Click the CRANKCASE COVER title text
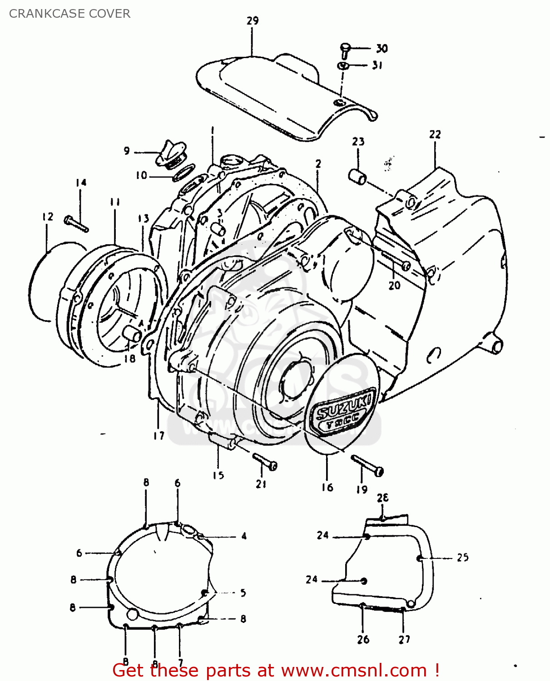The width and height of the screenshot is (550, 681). [x=69, y=14]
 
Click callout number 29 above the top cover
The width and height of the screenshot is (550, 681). [x=253, y=20]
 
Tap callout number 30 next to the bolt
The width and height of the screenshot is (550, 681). [x=382, y=49]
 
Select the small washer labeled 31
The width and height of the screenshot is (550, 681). [x=343, y=66]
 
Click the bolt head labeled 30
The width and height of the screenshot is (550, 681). [x=345, y=47]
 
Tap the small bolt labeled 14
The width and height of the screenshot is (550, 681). [x=76, y=223]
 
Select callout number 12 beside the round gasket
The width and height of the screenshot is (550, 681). [x=48, y=217]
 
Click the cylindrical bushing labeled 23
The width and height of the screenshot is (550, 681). [x=357, y=177]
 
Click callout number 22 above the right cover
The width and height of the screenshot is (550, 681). [x=435, y=134]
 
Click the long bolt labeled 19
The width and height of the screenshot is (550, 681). [x=367, y=465]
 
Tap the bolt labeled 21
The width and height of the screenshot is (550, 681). [x=265, y=461]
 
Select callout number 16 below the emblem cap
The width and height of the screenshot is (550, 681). [x=327, y=487]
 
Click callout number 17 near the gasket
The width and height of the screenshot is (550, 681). [x=159, y=435]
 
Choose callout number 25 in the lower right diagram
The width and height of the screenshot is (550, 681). [x=462, y=558]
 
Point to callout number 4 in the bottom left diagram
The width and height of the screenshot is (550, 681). [x=244, y=536]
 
